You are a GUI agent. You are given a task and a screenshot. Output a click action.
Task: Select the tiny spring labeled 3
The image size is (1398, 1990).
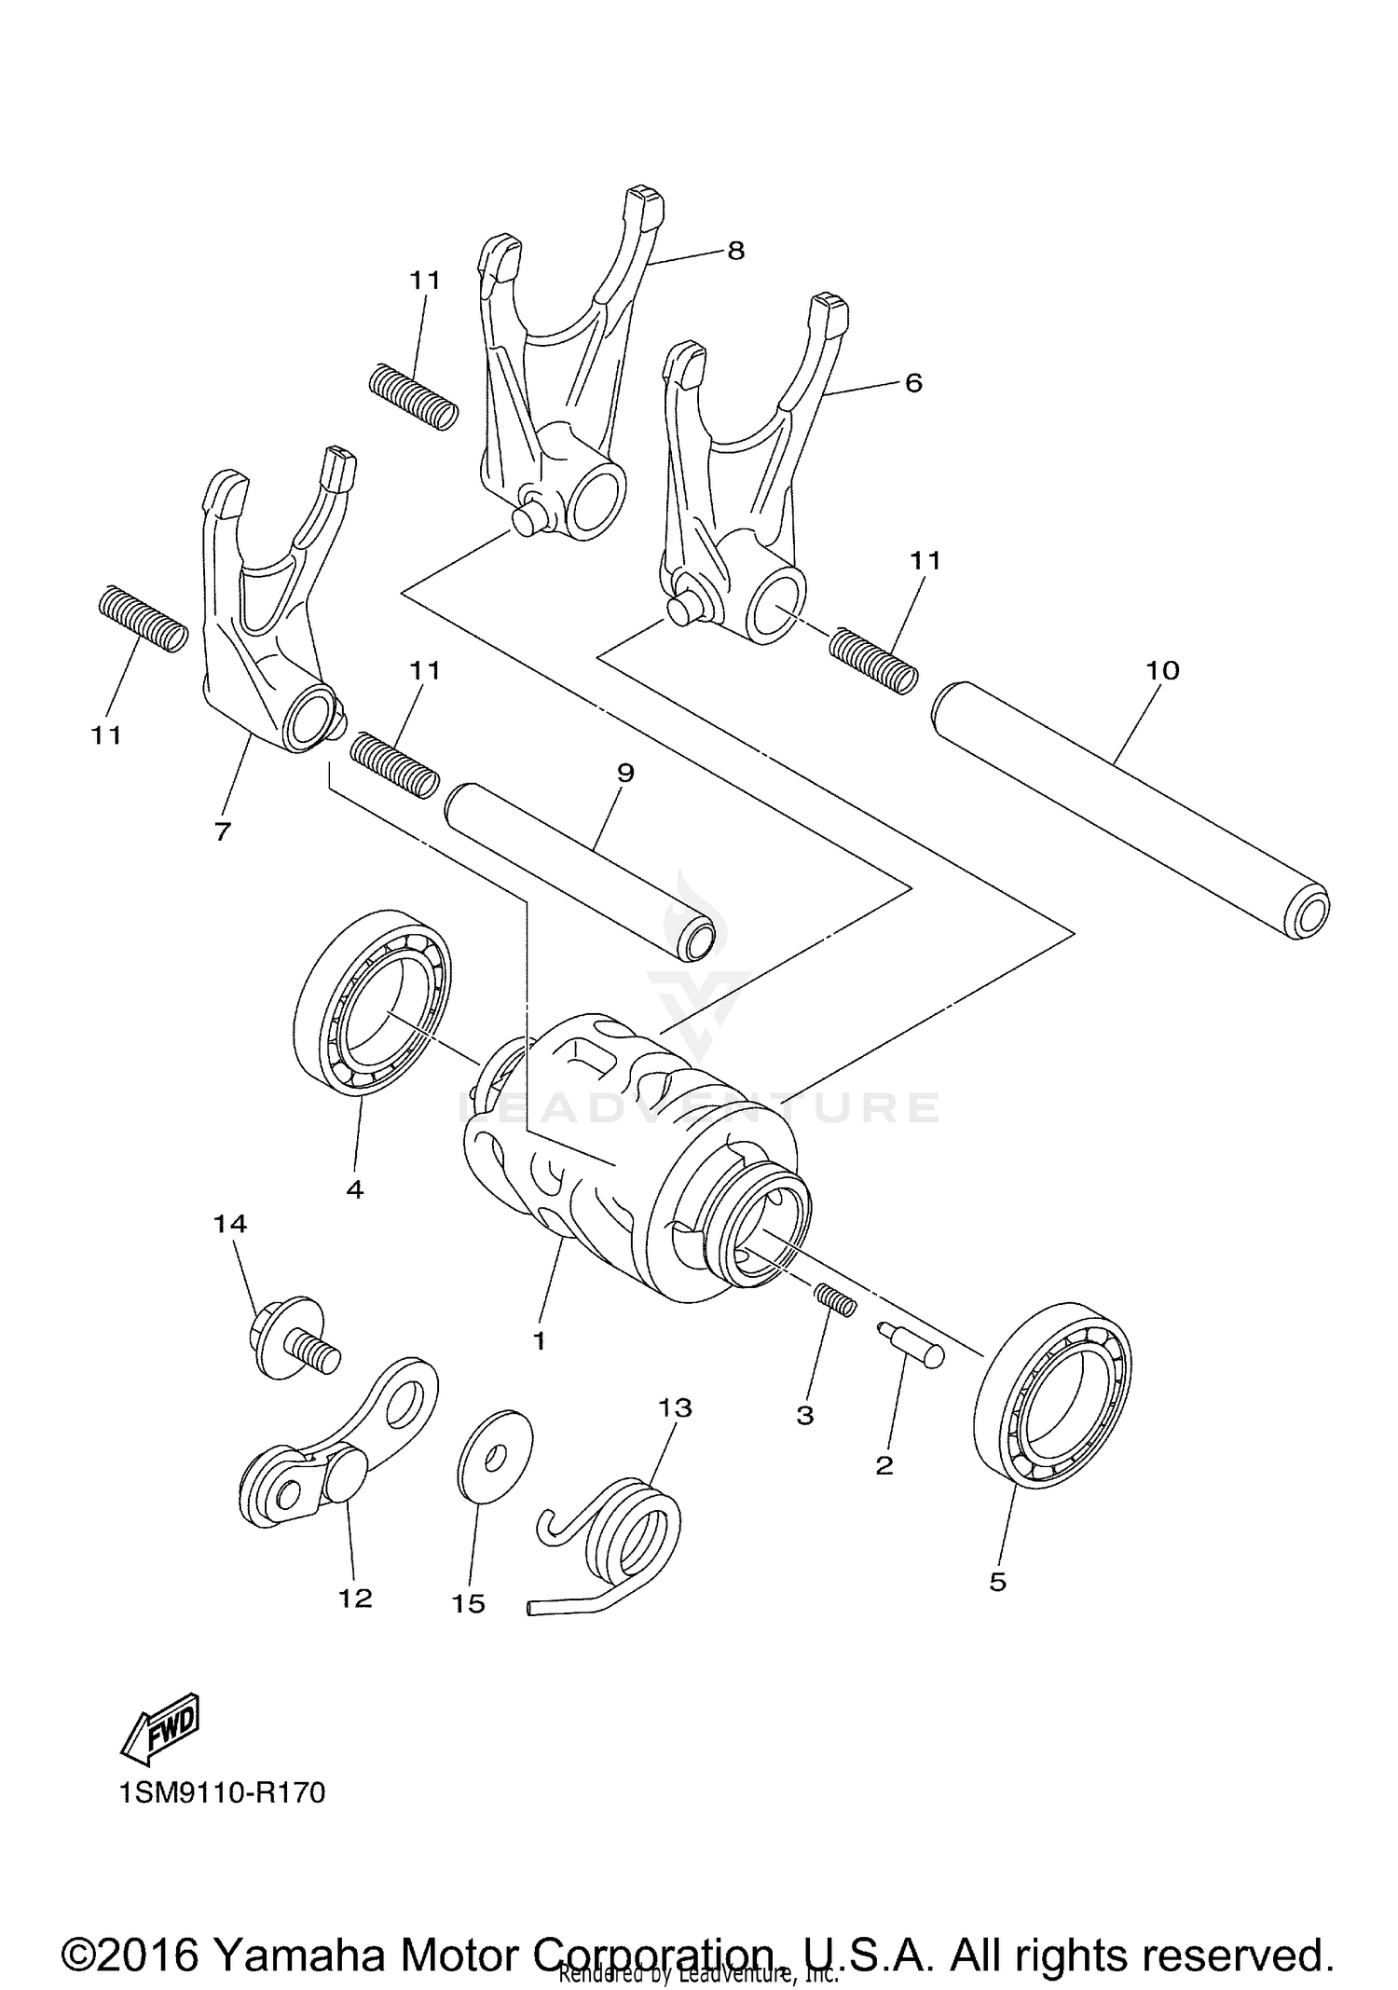(x=835, y=1299)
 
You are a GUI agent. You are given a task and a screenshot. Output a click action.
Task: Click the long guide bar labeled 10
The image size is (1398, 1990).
(x=1128, y=806)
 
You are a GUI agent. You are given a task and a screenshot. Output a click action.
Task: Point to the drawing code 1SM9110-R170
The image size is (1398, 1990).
(x=222, y=1791)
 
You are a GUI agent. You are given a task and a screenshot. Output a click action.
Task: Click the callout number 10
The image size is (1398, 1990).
(x=1162, y=670)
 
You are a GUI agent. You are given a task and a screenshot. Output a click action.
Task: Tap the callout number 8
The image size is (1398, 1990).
(x=736, y=251)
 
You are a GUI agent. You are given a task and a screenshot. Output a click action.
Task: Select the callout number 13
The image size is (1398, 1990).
(x=675, y=1407)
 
